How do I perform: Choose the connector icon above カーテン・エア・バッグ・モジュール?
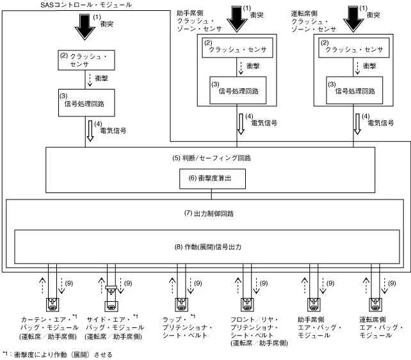click(x=52, y=303)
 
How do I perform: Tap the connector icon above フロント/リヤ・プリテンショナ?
click(x=248, y=303)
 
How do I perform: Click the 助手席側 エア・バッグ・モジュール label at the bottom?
click(x=315, y=327)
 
